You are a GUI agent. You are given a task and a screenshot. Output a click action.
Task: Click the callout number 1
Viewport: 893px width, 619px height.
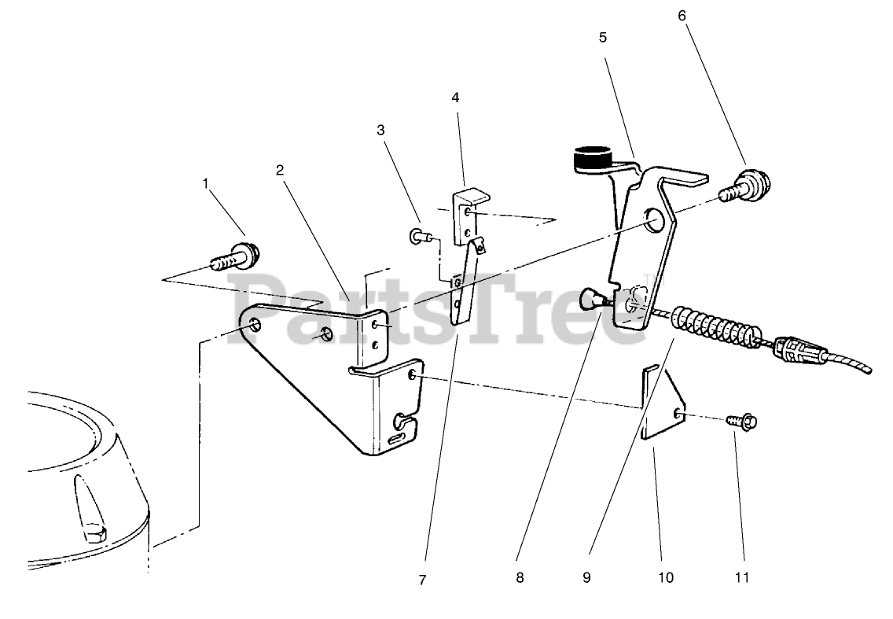coord(206,183)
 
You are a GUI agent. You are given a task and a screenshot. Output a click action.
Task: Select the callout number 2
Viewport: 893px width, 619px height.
coord(279,169)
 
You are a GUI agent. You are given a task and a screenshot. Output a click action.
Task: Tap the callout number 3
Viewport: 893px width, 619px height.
coord(381,130)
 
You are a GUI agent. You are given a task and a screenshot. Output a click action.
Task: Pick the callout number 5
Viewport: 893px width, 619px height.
coord(603,37)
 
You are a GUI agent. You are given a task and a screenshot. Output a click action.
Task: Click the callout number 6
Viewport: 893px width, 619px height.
coord(682,15)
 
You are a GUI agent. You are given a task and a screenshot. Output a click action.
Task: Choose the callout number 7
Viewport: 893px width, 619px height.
coord(422,580)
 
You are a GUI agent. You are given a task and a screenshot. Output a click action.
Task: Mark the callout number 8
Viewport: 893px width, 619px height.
coord(520,578)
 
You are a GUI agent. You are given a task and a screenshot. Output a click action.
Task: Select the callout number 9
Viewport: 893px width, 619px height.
coord(586,578)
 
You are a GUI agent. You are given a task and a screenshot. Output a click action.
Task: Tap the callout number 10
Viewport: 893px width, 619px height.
coord(666,578)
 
